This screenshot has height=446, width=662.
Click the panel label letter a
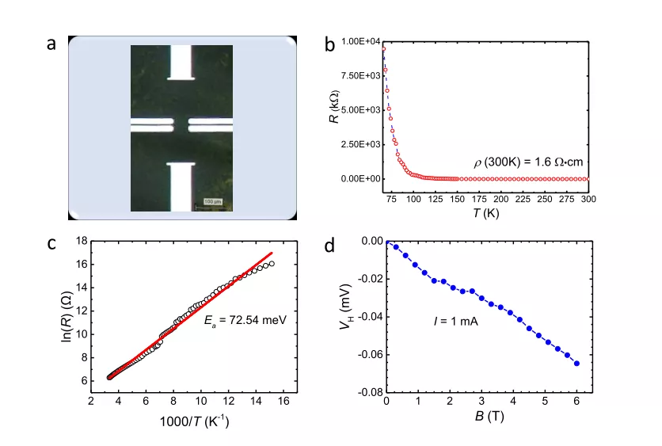click(51, 44)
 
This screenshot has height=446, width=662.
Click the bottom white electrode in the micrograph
click(181, 185)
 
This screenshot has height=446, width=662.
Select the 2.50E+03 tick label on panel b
click(361, 144)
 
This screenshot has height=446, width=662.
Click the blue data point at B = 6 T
click(576, 364)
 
